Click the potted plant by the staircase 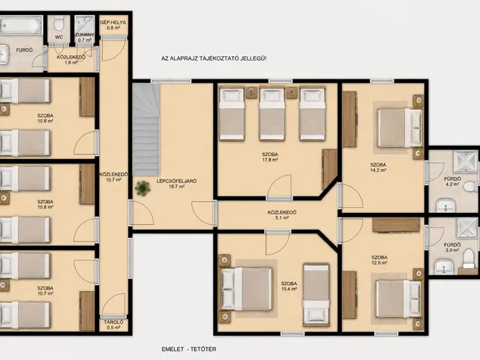pos(142,188)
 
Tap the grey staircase pos(146,130)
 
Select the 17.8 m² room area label pos(270,157)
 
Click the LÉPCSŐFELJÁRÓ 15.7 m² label pos(177,184)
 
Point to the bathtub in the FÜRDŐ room pos(20,25)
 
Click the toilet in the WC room pos(58,22)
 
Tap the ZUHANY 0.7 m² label pos(85,37)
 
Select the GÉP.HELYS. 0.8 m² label pos(113,25)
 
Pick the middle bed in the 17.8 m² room pos(271,114)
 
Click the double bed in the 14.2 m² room pos(400,127)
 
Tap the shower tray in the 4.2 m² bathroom pos(465,161)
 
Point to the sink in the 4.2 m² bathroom pos(445,205)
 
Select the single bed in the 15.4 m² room pos(316,294)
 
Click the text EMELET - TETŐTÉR pos(189,349)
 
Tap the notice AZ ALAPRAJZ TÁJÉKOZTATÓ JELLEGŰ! pos(214,58)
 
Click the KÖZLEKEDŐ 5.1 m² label pos(282,215)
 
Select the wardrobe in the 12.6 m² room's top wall pos(395,225)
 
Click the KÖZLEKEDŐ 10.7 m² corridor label pos(113,177)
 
